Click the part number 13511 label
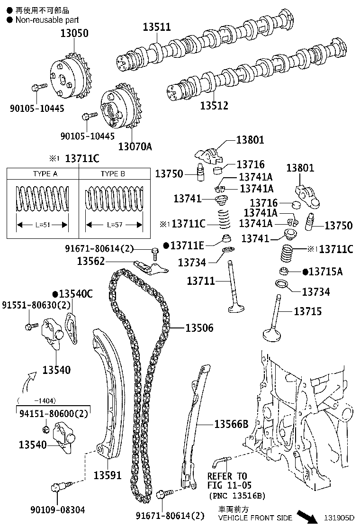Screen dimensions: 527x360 pyautogui.click(x=157, y=27)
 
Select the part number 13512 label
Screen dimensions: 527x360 pyautogui.click(x=214, y=106)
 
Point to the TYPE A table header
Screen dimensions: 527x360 pyautogui.click(x=45, y=174)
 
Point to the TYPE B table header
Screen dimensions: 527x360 pyautogui.click(x=112, y=174)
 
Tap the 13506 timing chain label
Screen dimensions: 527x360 pyautogui.click(x=199, y=328)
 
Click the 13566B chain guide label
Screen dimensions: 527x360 pyautogui.click(x=231, y=424)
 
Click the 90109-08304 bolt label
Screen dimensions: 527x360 pyautogui.click(x=58, y=509)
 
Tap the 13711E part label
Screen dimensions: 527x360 pyautogui.click(x=187, y=245)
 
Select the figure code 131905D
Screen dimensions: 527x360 pyautogui.click(x=339, y=518)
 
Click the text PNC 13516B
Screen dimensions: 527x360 pyautogui.click(x=237, y=496)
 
